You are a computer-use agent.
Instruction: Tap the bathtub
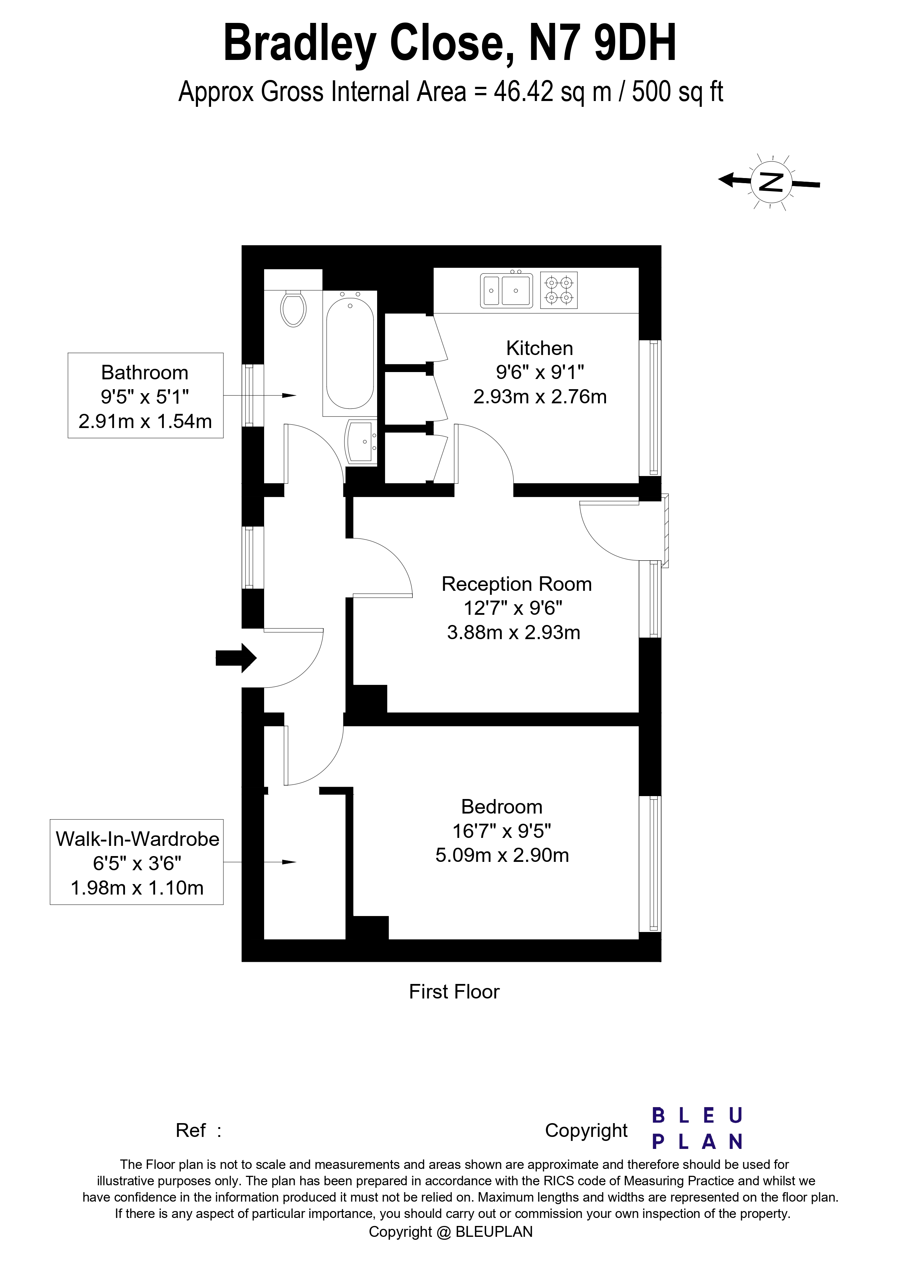(x=350, y=354)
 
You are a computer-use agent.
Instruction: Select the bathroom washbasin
(x=361, y=441)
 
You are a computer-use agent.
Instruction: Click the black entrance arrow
(x=236, y=658)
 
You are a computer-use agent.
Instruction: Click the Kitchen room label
(x=540, y=348)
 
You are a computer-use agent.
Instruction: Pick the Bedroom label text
(x=502, y=806)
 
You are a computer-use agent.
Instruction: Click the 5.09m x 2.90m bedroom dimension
(x=502, y=855)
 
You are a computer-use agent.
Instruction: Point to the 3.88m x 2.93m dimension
(x=513, y=633)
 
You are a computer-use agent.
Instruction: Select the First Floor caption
(x=454, y=992)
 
